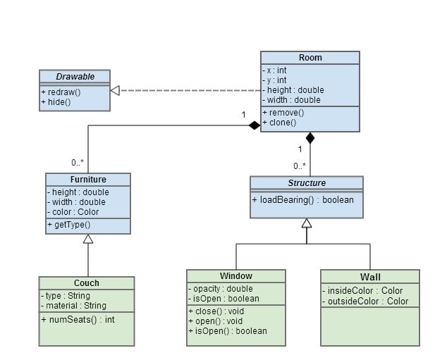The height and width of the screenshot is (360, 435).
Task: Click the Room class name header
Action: pos(310,58)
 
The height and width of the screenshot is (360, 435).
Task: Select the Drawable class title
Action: pos(75,76)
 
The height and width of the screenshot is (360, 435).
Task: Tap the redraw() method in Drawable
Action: pos(61,92)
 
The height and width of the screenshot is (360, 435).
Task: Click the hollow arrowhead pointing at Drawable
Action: pos(116,90)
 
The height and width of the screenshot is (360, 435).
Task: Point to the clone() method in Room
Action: pos(281,122)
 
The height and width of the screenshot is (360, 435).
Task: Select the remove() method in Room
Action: pos(283,112)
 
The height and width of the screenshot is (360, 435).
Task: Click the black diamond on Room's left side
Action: pos(254,126)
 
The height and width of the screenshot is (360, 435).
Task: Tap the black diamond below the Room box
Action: pos(310,137)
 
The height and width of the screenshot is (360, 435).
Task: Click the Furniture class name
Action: pos(88,180)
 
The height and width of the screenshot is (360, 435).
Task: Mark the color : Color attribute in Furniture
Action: pos(74,212)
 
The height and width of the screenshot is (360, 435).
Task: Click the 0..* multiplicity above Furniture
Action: pos(78,163)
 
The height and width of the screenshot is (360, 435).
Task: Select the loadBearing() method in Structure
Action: pos(302,199)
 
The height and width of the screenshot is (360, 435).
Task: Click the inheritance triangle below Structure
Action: pos(306,223)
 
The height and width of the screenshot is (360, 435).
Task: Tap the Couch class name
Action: pos(86,283)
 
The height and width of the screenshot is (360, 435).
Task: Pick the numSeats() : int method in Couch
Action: pos(78,319)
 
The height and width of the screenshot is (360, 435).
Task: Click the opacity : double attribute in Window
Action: pos(220,289)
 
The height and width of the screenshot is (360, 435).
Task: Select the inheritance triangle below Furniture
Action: pos(87,240)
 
